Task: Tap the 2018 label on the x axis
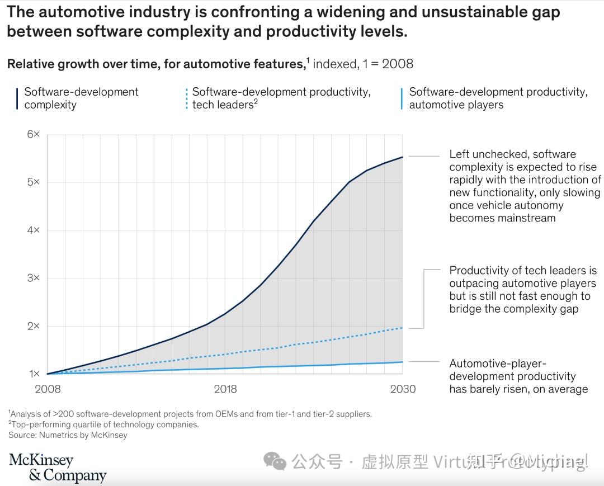(225, 389)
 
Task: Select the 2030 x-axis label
(403, 389)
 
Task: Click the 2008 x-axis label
(48, 389)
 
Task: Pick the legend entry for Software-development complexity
(81, 98)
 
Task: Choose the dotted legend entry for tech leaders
(281, 98)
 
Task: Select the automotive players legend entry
(498, 98)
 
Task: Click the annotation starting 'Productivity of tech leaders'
(523, 290)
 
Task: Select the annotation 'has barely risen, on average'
(518, 389)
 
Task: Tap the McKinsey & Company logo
(57, 468)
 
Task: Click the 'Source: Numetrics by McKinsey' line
(68, 435)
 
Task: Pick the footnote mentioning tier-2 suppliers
(190, 414)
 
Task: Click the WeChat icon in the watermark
(275, 461)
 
